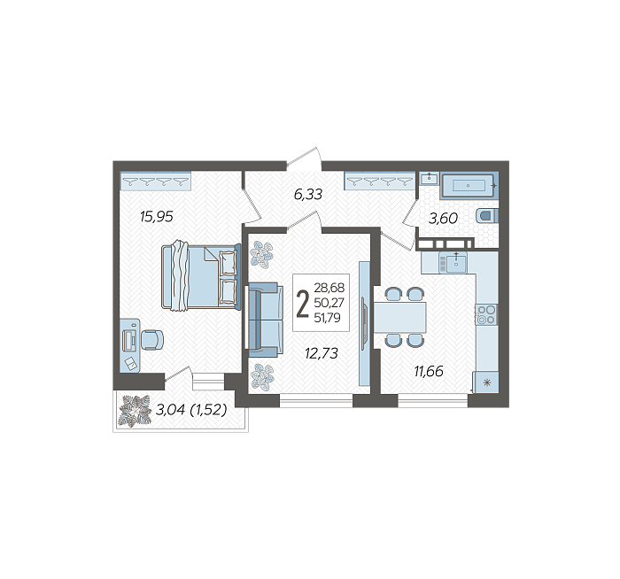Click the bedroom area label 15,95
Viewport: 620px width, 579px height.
[x=157, y=217]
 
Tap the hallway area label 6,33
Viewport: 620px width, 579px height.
[x=308, y=194]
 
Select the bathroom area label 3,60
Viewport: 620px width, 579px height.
[x=443, y=218]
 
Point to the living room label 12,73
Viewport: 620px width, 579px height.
[x=322, y=353]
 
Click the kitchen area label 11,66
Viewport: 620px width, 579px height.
[x=429, y=371]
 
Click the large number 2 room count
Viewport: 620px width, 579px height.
[x=303, y=304]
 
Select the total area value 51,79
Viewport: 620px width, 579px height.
[x=327, y=318]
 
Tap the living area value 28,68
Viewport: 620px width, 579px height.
[x=329, y=288]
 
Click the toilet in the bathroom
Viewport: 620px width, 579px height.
[x=487, y=216]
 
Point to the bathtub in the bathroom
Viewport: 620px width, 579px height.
[x=469, y=185]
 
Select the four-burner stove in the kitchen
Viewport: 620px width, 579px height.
[x=486, y=314]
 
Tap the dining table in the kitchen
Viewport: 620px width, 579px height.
[x=399, y=317]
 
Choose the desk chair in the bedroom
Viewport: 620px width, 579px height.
[x=152, y=339]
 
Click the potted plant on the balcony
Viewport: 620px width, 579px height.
[x=136, y=411]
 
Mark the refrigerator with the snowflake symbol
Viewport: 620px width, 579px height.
[x=487, y=382]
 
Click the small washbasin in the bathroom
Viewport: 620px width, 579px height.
[x=429, y=179]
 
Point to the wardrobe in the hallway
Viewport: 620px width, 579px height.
[x=380, y=181]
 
